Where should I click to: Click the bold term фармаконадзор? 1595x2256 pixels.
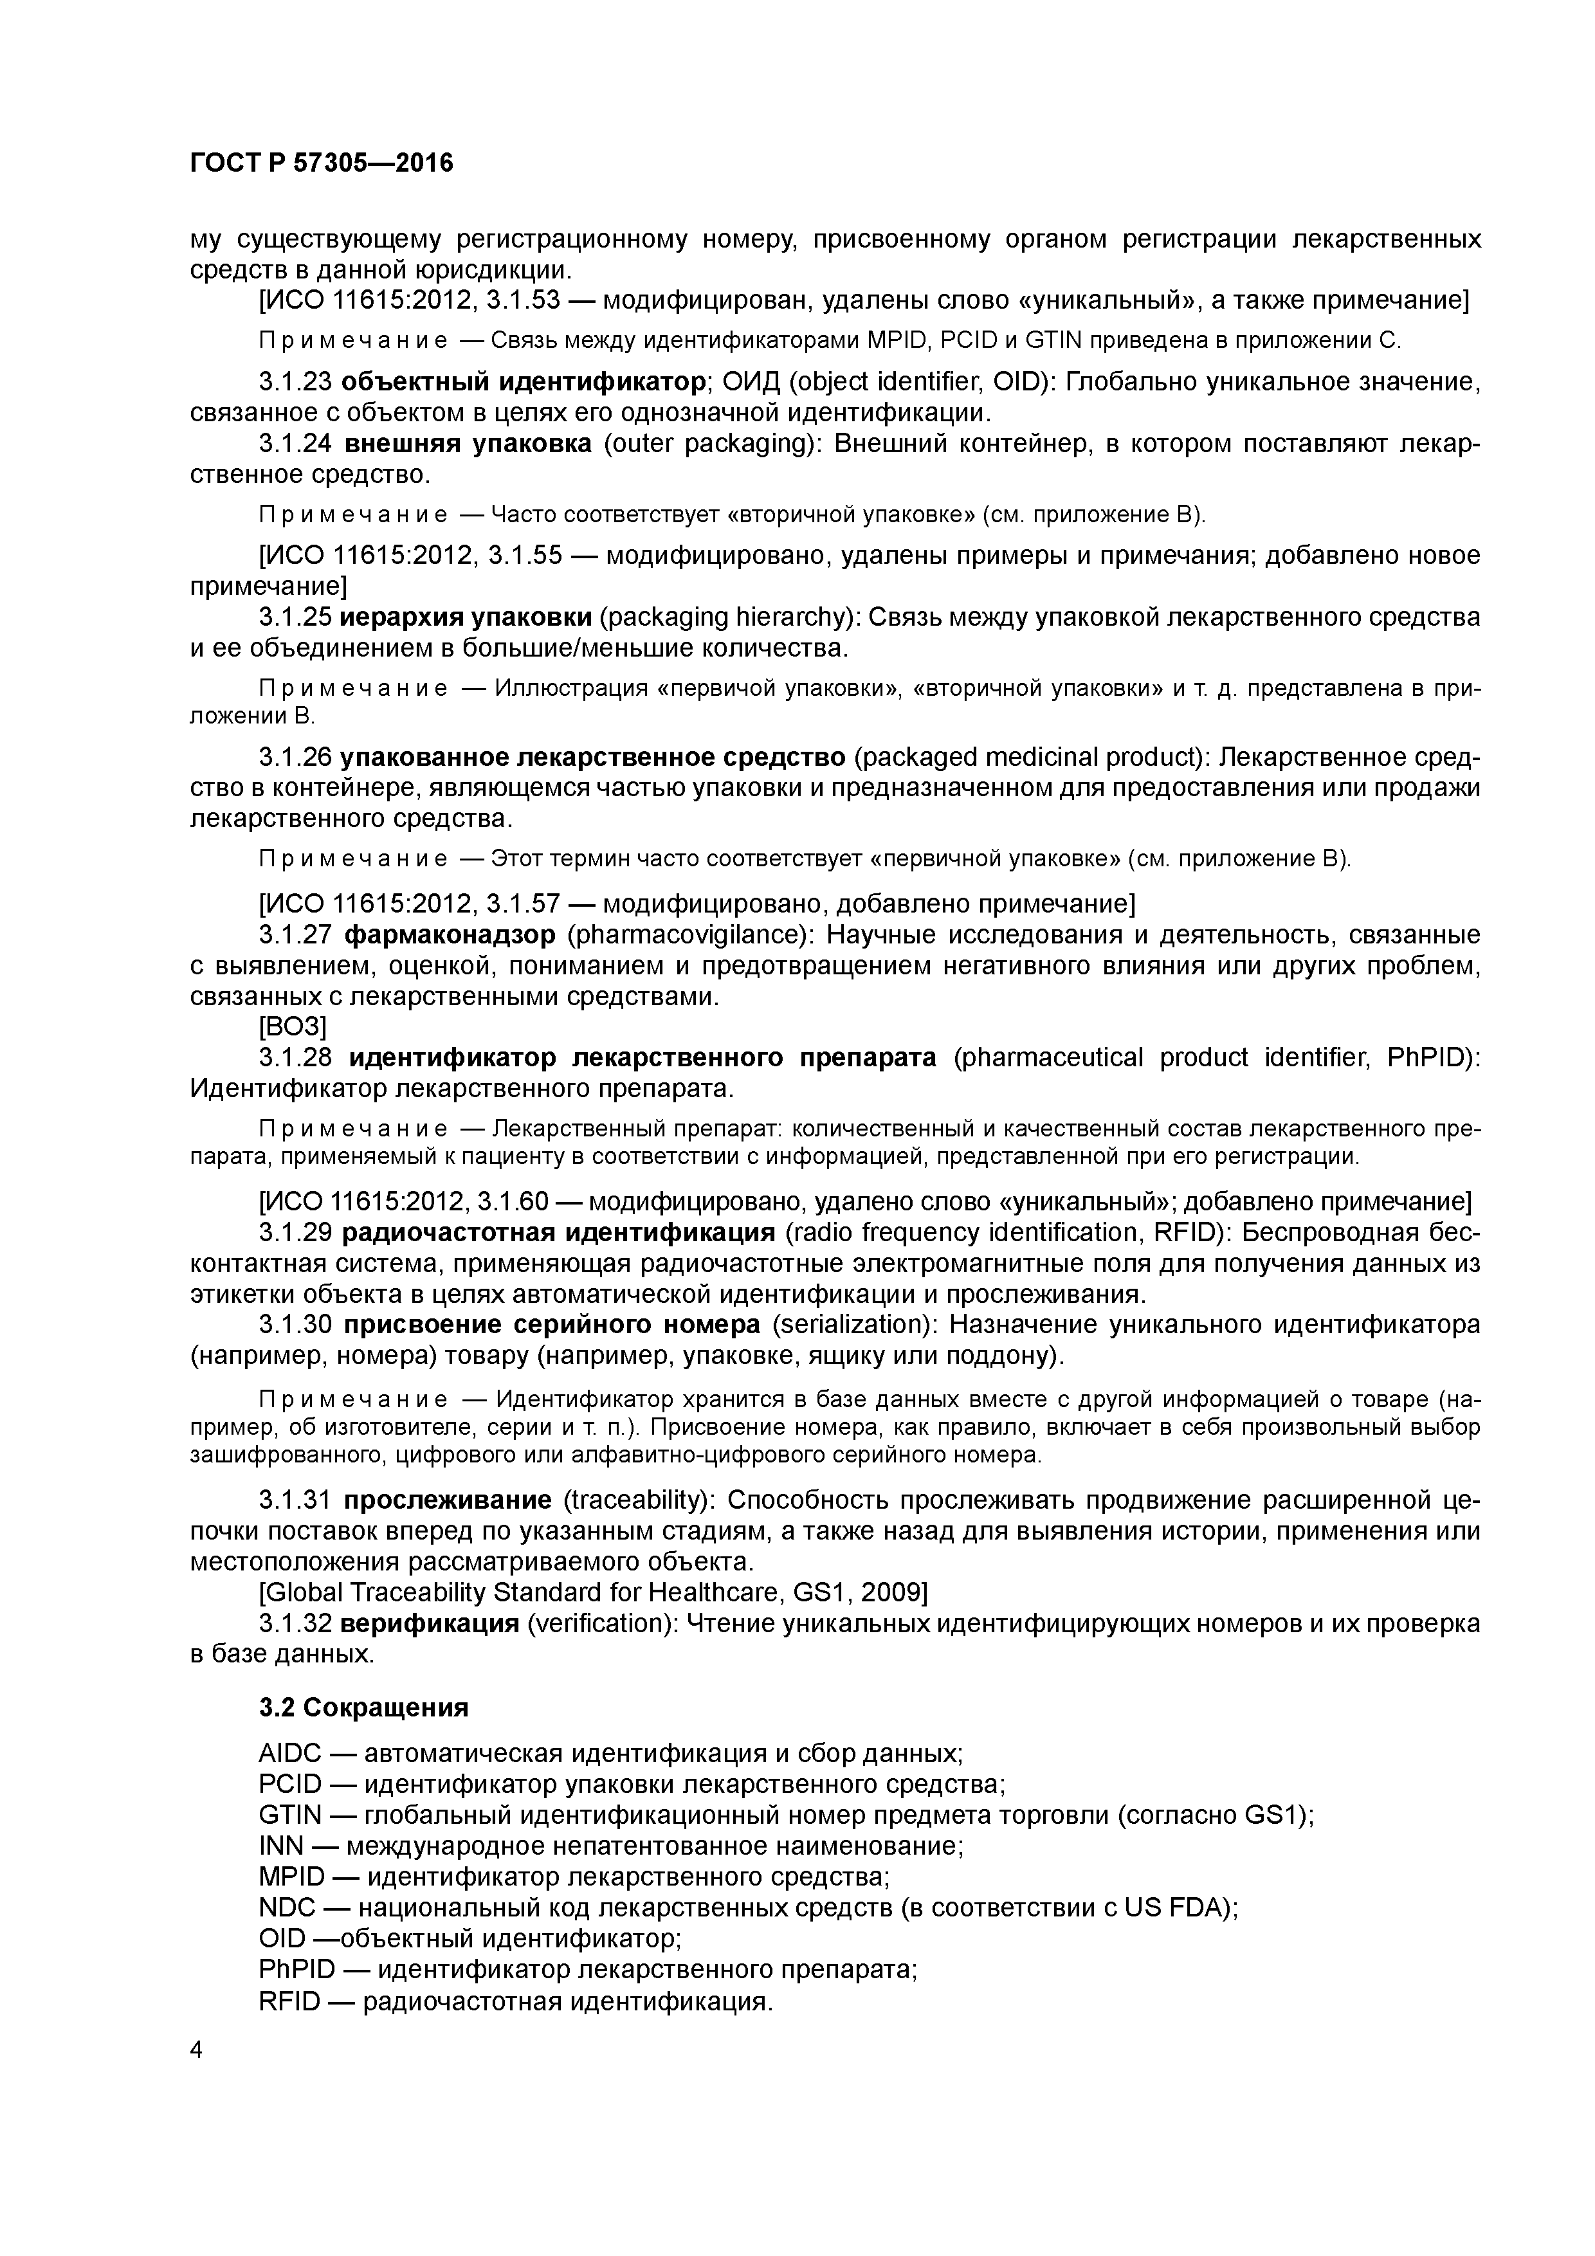(449, 934)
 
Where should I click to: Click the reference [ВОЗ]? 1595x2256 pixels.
(292, 1027)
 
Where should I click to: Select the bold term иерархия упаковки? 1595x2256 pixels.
(466, 617)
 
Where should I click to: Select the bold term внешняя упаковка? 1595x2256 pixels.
(468, 444)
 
